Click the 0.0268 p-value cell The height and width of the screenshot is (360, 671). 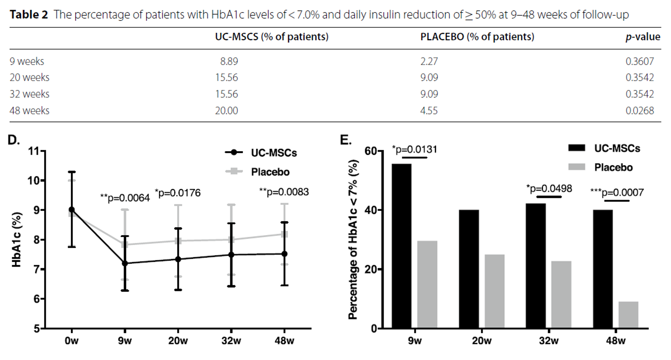[639, 111]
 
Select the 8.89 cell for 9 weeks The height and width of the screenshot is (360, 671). [229, 61]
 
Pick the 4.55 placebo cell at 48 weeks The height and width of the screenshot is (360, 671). [429, 111]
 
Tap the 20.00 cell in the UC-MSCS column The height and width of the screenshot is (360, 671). [226, 111]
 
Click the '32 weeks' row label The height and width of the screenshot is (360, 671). [29, 94]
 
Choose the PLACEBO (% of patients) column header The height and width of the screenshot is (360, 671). [477, 37]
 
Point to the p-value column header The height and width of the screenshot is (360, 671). [642, 37]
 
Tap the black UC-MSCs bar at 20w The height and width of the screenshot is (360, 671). [469, 269]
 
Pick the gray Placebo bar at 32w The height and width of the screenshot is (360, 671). [561, 294]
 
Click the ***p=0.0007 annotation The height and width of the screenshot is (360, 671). [617, 192]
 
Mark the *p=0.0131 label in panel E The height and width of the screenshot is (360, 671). [415, 150]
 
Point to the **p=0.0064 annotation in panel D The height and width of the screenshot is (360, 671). [125, 198]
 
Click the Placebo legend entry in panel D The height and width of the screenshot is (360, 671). [270, 172]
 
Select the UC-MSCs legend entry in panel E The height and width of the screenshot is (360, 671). [617, 148]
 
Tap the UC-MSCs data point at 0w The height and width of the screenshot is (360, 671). [72, 210]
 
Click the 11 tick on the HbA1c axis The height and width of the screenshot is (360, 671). [33, 151]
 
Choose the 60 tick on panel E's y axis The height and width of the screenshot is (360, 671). [370, 151]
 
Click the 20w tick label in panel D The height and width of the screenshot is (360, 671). [178, 341]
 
